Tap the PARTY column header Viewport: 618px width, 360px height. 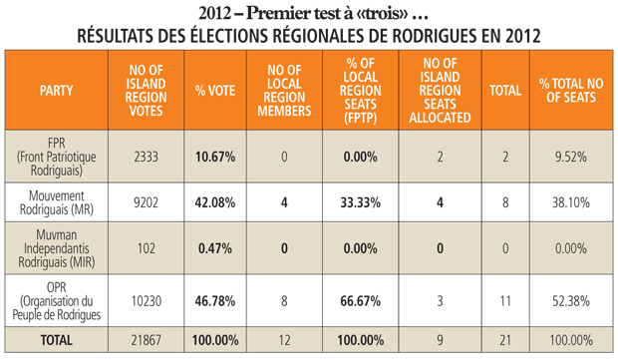[57, 91]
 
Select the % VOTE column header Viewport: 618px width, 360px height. [215, 91]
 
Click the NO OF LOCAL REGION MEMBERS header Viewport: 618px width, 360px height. [284, 91]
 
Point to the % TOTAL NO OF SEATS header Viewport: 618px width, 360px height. [571, 91]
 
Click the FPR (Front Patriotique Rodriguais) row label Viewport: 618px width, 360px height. [57, 157]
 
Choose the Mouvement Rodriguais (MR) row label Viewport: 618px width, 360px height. [57, 202]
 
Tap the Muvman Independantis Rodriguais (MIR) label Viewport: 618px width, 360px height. [57, 248]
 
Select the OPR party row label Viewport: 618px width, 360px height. [57, 301]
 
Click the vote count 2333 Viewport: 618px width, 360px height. [146, 157]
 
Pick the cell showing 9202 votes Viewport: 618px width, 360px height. [146, 202]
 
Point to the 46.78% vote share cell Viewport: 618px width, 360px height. [215, 301]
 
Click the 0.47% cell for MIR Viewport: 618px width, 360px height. [215, 248]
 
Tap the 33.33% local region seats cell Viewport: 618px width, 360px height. [361, 202]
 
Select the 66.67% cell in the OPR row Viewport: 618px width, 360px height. [361, 301]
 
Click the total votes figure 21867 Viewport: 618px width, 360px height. [146, 340]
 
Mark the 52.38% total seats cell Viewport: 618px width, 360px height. [571, 301]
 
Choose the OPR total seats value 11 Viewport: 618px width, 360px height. [505, 301]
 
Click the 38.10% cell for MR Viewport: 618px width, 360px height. [571, 202]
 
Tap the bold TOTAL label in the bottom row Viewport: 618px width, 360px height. [57, 340]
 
